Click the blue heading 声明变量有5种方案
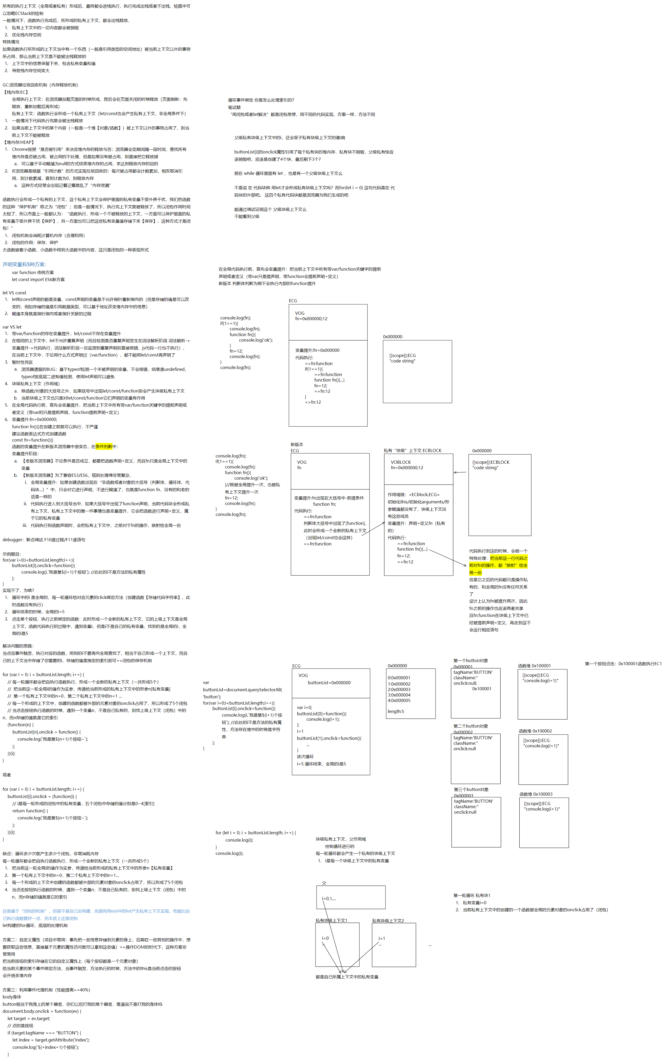coord(24,264)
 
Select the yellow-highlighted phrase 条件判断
coord(104,446)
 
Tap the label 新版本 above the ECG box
coord(297,445)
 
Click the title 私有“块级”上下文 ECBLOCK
coord(412,450)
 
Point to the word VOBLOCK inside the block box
coord(401,462)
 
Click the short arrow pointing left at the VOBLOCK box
coord(460,472)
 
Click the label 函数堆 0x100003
coord(536,794)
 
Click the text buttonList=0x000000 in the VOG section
coord(329,683)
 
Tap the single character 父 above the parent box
coord(324,883)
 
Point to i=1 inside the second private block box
coord(382,938)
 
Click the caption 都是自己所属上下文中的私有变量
coord(347,977)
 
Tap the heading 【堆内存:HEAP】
coord(19,142)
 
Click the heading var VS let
coord(12,327)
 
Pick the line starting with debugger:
coord(44,540)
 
